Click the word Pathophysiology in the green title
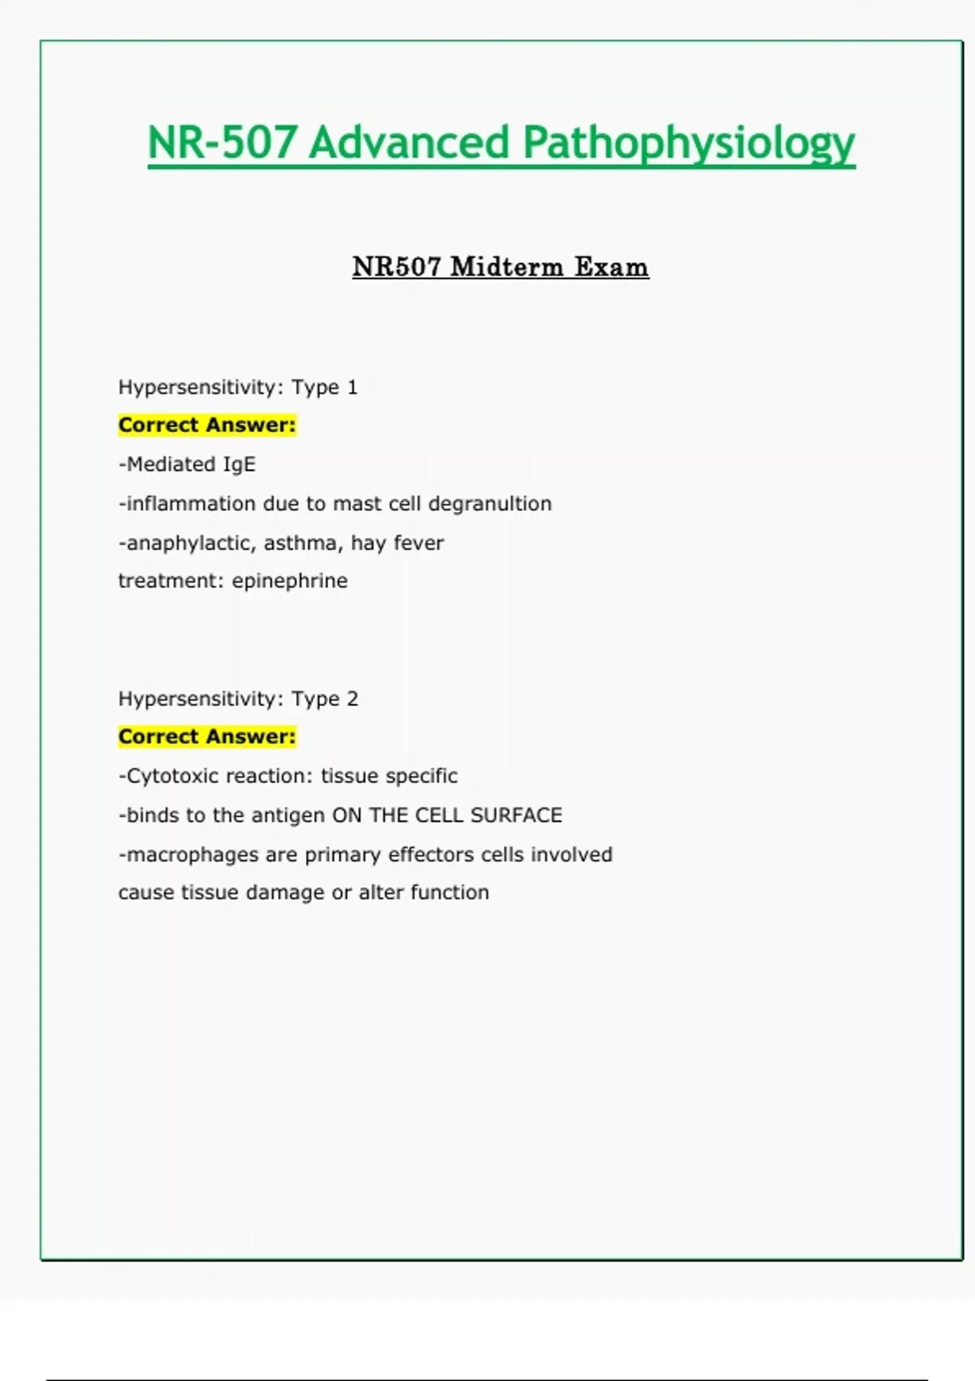pos(688,143)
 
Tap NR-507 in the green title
pos(221,143)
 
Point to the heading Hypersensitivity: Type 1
pos(237,387)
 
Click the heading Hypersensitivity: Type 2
pos(237,699)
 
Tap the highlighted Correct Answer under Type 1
pos(207,425)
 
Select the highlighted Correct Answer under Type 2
pos(207,737)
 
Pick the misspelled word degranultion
pos(490,504)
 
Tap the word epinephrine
pos(290,581)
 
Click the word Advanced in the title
pos(409,143)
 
